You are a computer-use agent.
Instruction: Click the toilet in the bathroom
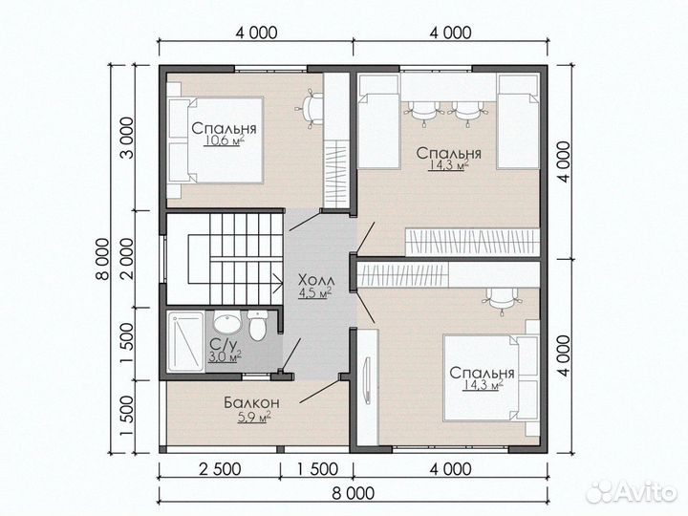pos(257,325)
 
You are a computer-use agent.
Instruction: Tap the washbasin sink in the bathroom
pos(226,323)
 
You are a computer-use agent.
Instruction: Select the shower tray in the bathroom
pos(187,341)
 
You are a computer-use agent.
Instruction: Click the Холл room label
pos(316,280)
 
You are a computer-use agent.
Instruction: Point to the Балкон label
pos(251,402)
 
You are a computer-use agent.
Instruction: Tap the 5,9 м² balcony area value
pos(253,418)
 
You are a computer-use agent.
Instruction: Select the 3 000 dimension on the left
pos(126,139)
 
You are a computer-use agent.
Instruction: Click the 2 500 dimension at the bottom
pos(220,469)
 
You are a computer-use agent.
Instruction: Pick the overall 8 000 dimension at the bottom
pos(354,493)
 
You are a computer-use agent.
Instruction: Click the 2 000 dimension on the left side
pos(126,259)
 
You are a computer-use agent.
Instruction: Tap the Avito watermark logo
pos(632,490)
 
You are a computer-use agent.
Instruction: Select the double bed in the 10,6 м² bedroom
pos(215,140)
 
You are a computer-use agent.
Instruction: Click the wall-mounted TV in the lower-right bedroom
pos(366,380)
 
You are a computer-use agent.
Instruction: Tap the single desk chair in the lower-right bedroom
pos(502,301)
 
